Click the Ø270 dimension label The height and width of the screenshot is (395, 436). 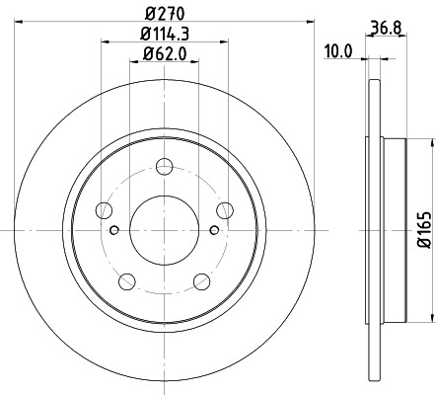pos(165,13)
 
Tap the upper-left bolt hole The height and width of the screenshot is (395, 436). pos(103,208)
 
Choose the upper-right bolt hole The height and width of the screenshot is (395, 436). pos(226,208)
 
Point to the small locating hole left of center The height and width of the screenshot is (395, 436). pos(114,231)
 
